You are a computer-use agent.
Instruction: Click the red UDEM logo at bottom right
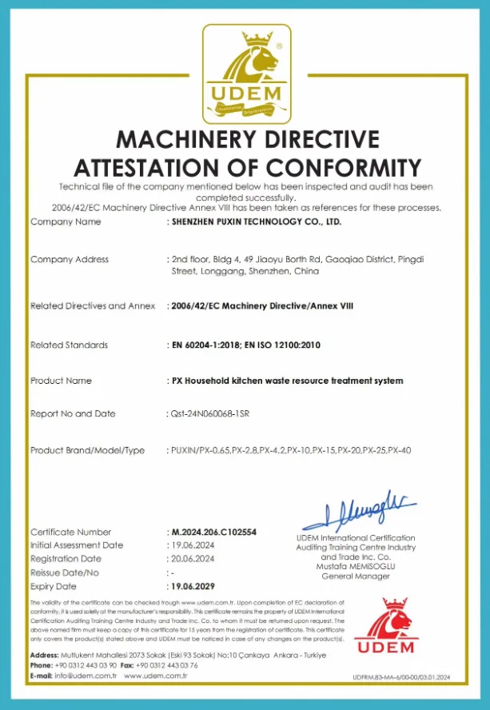385,625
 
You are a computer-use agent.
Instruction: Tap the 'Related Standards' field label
69,345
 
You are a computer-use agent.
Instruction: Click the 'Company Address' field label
70,259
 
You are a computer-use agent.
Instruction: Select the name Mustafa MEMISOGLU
355,566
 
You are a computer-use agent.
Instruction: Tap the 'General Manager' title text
355,576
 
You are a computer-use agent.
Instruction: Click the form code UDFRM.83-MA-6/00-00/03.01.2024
401,677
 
